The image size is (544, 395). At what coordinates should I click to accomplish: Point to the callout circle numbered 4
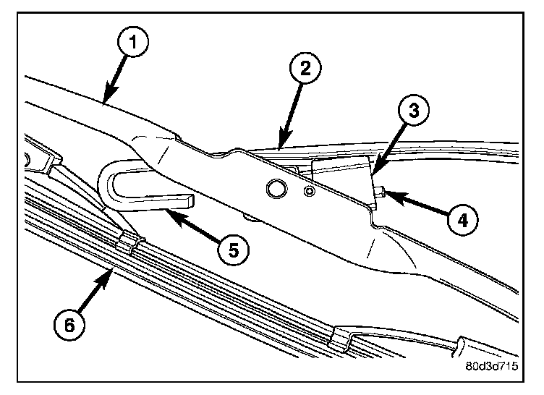pos(456,219)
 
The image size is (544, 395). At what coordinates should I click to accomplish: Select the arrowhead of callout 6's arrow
pos(111,271)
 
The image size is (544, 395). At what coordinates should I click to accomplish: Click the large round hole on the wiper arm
pos(275,189)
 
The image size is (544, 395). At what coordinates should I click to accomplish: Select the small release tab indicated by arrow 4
pos(380,191)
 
